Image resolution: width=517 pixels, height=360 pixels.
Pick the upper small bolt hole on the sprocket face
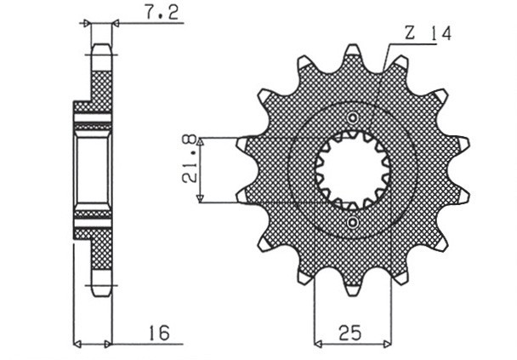353,117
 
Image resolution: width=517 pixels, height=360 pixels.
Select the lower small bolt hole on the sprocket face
353,223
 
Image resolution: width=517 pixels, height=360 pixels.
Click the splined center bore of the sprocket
353,170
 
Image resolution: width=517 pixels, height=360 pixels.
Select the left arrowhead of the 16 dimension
77,345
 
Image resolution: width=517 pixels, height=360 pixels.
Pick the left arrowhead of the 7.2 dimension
86,24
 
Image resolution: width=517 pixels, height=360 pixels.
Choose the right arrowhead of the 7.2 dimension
115,24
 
